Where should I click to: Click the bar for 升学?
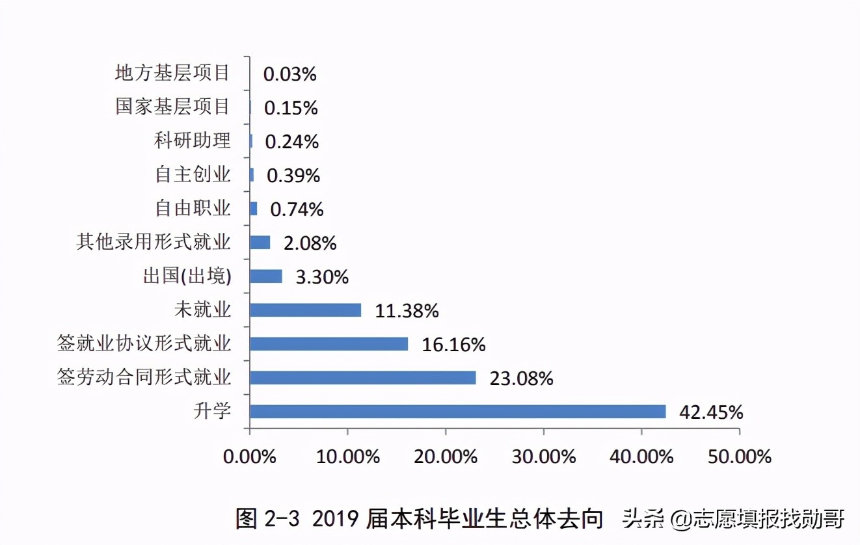pyautogui.click(x=457, y=412)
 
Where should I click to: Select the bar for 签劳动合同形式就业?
pyautogui.click(x=362, y=378)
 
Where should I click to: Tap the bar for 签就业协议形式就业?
pyautogui.click(x=329, y=344)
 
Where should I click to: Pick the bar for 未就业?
pyautogui.click(x=305, y=310)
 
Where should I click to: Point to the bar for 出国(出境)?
pyautogui.click(x=266, y=276)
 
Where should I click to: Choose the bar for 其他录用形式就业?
pyautogui.click(x=260, y=243)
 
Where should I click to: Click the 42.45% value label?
pyautogui.click(x=710, y=412)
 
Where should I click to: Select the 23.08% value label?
pyautogui.click(x=521, y=379)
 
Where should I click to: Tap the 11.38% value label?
pyautogui.click(x=407, y=311)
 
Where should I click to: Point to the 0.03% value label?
pyautogui.click(x=289, y=74)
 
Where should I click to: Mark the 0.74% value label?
pyautogui.click(x=297, y=209)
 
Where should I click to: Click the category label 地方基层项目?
pyautogui.click(x=172, y=73)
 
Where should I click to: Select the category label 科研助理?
pyautogui.click(x=193, y=140)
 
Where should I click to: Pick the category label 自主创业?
pyautogui.click(x=193, y=174)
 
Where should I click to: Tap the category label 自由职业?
pyautogui.click(x=193, y=208)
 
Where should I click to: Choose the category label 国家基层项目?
pyautogui.click(x=172, y=107)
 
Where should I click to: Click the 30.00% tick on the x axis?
pyautogui.click(x=544, y=457)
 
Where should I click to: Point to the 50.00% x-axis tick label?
pyautogui.click(x=740, y=457)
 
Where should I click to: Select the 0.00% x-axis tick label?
pyautogui.click(x=250, y=457)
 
